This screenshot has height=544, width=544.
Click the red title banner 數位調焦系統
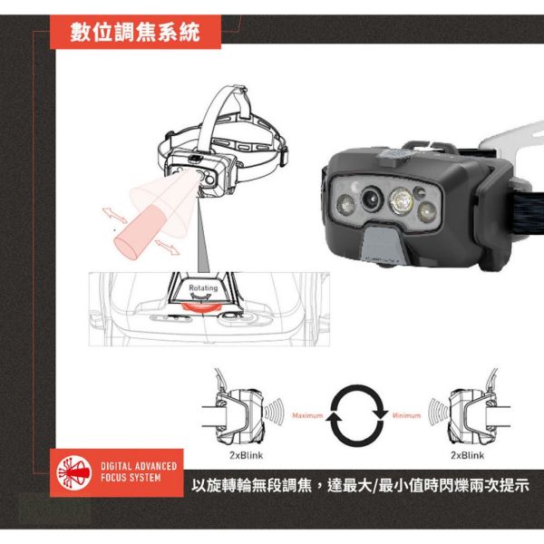coord(146,34)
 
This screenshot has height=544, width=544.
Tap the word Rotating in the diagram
coord(202,287)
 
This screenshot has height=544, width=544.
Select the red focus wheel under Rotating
coord(202,308)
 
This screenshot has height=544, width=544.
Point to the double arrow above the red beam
coord(113,217)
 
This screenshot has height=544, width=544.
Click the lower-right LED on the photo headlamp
coord(426,212)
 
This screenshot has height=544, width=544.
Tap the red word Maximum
coord(306,416)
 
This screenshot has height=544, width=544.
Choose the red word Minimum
coord(406,416)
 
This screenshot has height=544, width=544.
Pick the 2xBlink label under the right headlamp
coord(467,455)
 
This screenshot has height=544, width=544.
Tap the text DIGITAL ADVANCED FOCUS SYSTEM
coord(131,471)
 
